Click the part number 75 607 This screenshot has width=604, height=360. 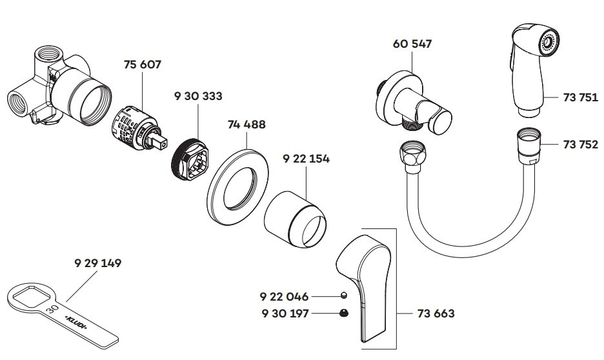(x=142, y=65)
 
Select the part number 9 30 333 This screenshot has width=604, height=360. (x=198, y=96)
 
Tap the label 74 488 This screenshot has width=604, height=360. (x=247, y=125)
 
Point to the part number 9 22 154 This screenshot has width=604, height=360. (x=306, y=159)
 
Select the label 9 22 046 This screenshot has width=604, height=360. (x=284, y=297)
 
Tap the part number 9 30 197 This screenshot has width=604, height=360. (x=284, y=314)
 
